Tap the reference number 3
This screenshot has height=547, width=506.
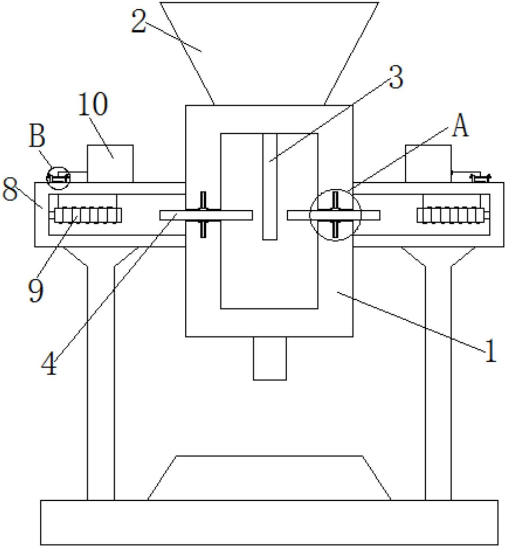[396, 77]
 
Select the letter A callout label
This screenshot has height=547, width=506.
[460, 126]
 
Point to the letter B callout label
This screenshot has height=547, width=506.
[37, 136]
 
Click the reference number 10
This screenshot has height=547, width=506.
[93, 104]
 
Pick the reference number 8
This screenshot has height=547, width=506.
[10, 189]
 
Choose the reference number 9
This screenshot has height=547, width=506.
[36, 290]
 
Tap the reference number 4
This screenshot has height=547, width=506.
[49, 363]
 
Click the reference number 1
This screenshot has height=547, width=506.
[490, 351]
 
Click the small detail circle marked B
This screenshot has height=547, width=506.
[58, 178]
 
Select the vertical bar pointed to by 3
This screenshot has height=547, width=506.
[270, 186]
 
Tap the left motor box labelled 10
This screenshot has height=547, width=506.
[110, 164]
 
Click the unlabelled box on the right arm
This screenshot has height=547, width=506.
[428, 164]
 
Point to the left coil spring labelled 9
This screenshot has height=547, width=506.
[88, 215]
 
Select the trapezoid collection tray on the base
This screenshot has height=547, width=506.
[269, 478]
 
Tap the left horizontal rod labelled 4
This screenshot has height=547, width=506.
[206, 215]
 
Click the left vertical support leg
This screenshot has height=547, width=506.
[101, 374]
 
